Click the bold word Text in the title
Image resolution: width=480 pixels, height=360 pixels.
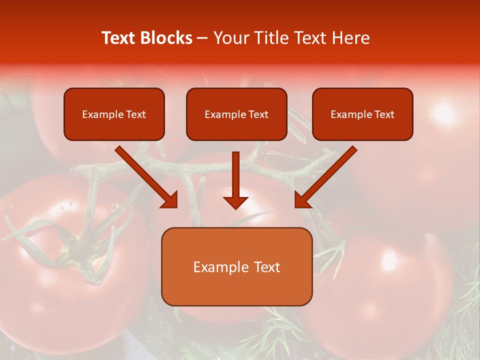coord(119,38)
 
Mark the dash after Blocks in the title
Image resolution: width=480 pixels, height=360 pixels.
coord(202,38)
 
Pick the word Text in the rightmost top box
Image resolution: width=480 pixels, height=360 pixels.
coord(384,114)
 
